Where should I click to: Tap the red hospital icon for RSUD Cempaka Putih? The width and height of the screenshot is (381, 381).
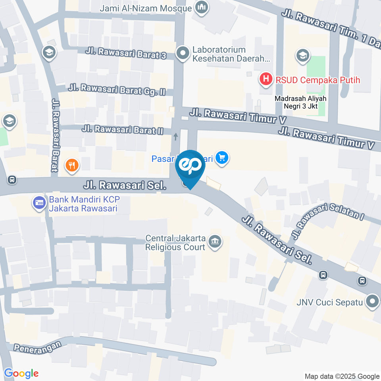point(266,80)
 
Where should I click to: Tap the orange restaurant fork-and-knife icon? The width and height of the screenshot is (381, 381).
point(72,165)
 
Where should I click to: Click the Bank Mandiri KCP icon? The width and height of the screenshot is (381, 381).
point(39,203)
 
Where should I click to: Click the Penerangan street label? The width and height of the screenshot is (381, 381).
point(38,346)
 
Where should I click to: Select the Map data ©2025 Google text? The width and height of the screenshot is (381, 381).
point(342,376)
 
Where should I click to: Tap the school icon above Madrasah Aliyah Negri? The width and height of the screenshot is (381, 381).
point(303,56)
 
